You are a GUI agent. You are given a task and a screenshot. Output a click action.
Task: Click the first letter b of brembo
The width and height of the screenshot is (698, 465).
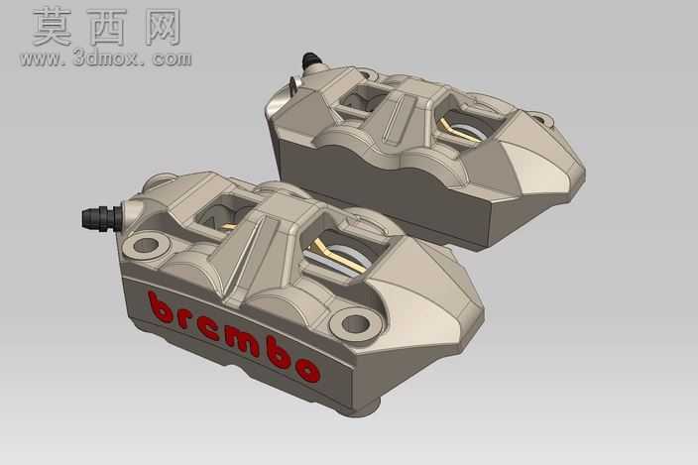pyautogui.click(x=160, y=307)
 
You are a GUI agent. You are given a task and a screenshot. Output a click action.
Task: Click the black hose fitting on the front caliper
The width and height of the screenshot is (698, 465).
pyautogui.click(x=101, y=217)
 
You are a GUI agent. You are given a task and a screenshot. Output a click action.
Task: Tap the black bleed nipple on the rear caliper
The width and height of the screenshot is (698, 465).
pyautogui.click(x=310, y=60)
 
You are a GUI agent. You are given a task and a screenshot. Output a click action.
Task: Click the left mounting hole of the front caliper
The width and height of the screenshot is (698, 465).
pyautogui.click(x=147, y=245)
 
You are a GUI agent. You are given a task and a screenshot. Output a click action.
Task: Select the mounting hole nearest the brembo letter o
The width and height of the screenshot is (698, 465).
pyautogui.click(x=355, y=323)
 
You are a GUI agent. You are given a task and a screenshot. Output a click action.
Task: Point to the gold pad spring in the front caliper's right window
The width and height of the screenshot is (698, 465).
pyautogui.click(x=339, y=259)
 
